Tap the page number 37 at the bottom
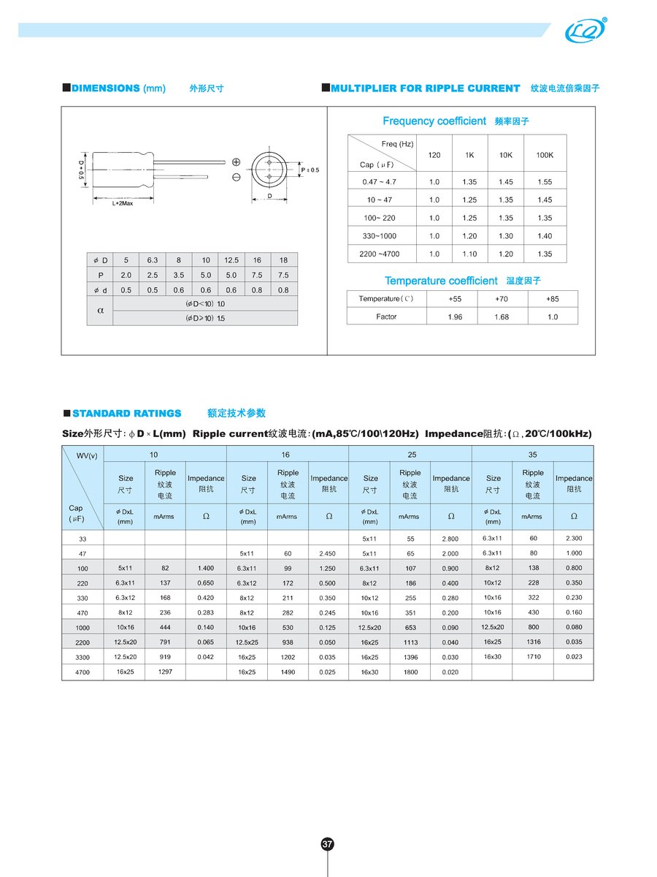[328, 844]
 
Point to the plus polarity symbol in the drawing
[237, 162]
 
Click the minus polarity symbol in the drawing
[237, 178]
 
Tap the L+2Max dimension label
[122, 204]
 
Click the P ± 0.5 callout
[310, 170]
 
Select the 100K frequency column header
[545, 155]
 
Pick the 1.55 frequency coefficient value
[545, 181]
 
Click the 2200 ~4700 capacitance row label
[380, 254]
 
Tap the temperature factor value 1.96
[455, 316]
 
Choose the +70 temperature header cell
[502, 299]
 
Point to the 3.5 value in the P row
[179, 276]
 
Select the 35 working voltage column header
[534, 455]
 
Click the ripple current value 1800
[410, 672]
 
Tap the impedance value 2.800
[450, 539]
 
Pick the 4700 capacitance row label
[82, 672]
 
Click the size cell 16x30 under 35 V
[493, 657]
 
